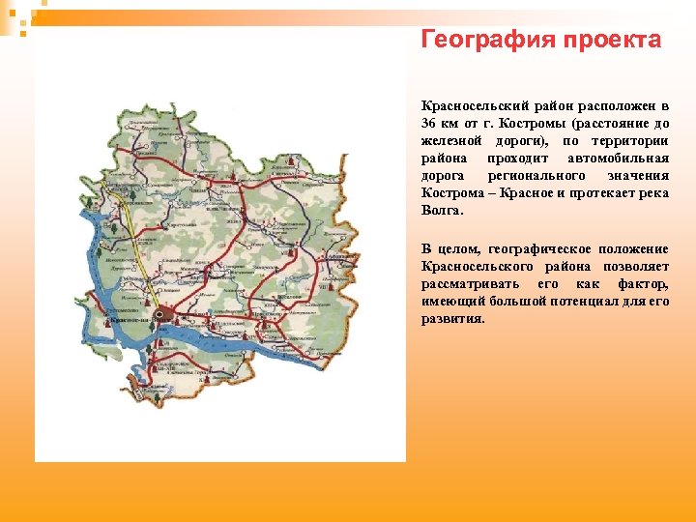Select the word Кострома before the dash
(x=451, y=192)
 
